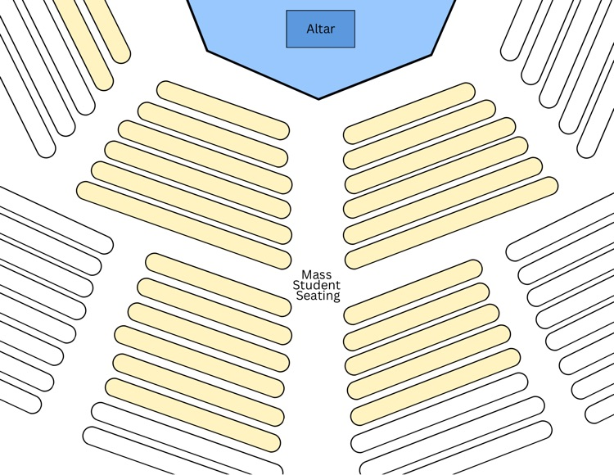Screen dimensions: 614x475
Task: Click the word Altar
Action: (x=320, y=29)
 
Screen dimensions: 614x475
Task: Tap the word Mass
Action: (x=316, y=274)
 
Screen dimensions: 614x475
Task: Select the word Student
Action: (x=316, y=285)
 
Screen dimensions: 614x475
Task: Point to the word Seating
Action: (x=318, y=296)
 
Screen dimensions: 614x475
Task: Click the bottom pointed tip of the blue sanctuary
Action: (x=318, y=98)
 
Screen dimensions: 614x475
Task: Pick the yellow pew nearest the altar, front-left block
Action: (x=223, y=111)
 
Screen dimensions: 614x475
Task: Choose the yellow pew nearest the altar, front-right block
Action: (x=409, y=113)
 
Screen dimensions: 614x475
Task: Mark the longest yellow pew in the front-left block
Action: (x=183, y=225)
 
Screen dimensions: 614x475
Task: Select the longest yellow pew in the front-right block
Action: (x=451, y=223)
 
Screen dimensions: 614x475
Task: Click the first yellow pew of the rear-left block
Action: (x=218, y=285)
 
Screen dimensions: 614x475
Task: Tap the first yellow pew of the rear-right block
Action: (x=413, y=292)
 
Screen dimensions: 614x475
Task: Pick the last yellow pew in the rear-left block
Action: (x=192, y=414)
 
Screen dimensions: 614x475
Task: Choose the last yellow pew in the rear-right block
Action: (x=436, y=387)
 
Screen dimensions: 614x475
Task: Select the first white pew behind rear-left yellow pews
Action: (x=187, y=438)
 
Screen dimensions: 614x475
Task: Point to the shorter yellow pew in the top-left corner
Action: (x=106, y=30)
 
